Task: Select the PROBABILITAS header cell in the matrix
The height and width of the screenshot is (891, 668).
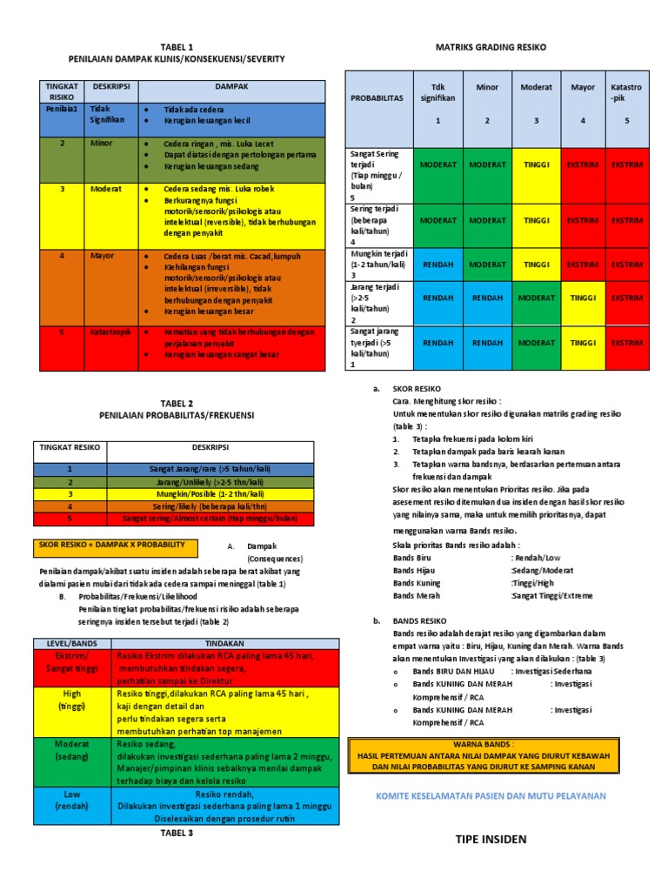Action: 377,98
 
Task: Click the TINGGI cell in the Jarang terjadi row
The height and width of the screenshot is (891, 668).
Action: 583,298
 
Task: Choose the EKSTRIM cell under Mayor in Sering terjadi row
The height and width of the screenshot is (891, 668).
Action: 583,221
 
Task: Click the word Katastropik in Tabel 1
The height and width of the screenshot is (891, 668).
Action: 110,332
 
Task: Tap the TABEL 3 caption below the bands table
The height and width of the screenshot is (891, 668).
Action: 177,833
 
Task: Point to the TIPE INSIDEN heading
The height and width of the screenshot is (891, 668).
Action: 491,839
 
